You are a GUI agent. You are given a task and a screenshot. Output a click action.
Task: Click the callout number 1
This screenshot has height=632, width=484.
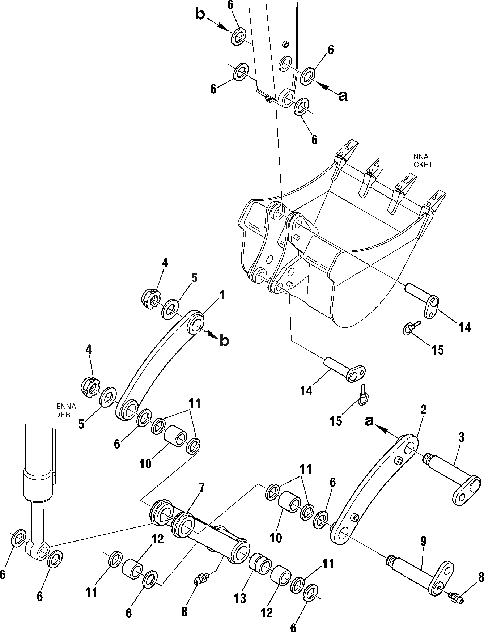point(222,296)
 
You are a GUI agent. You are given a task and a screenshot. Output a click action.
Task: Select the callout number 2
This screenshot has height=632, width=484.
point(424,410)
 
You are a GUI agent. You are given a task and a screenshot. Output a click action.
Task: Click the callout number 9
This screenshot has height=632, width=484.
point(423,542)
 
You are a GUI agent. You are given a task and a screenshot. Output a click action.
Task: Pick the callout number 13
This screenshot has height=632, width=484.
point(240,598)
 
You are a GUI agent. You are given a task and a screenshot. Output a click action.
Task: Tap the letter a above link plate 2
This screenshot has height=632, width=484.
point(369,421)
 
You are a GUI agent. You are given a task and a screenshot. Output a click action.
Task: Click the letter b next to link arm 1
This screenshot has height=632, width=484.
point(224,341)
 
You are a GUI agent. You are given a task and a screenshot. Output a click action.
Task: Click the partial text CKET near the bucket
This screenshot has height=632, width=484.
point(423,165)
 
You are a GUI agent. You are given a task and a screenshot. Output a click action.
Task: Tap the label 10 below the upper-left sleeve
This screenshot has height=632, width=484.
point(145,464)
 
